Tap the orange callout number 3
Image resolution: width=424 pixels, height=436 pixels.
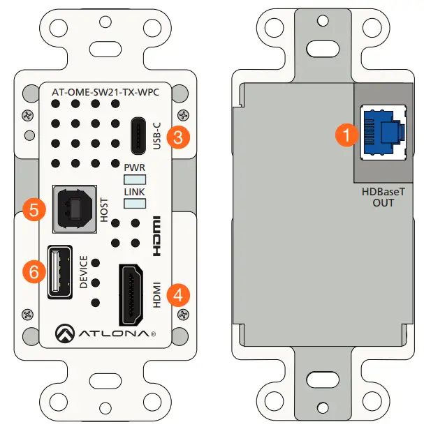tap(180, 137)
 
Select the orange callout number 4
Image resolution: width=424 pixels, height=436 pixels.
tap(180, 294)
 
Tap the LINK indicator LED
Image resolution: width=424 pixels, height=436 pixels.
tap(135, 203)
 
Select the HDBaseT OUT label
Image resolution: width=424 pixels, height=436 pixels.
tap(383, 197)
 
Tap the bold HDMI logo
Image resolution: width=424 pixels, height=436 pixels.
tap(158, 236)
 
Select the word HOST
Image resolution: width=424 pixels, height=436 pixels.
tap(104, 209)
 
